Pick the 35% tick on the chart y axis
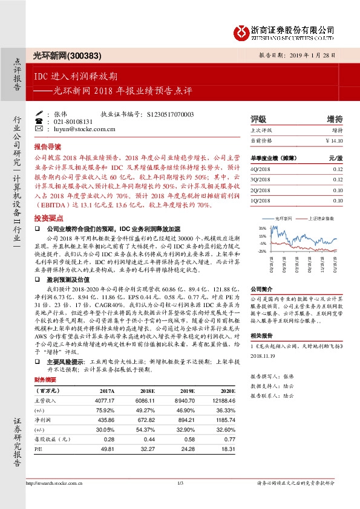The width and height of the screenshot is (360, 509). coord(262,227)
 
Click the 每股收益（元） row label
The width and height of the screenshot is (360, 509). coord(49,439)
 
